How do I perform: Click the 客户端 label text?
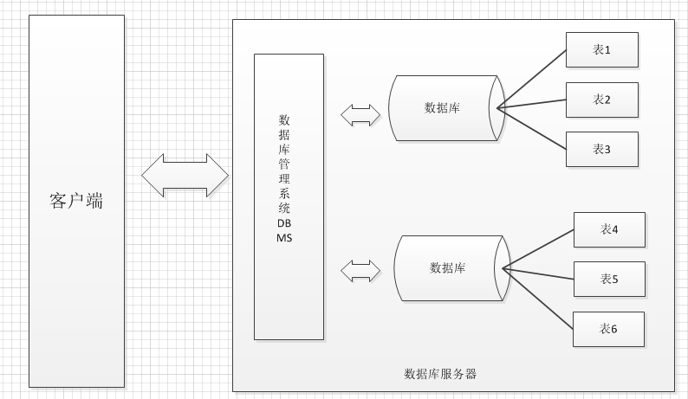[76, 203]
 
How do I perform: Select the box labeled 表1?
[602, 50]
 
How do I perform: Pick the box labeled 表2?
[602, 100]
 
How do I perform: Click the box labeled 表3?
[602, 149]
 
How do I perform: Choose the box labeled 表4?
[609, 229]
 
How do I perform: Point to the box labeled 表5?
[609, 279]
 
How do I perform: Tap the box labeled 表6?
[609, 329]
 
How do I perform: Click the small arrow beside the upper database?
[360, 113]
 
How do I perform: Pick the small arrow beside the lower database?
[360, 270]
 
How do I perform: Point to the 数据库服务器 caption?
[440, 374]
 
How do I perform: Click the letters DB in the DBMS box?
[284, 223]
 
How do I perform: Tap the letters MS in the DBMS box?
[284, 237]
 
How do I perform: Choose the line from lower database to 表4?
[539, 249]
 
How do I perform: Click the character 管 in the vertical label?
[284, 164]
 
